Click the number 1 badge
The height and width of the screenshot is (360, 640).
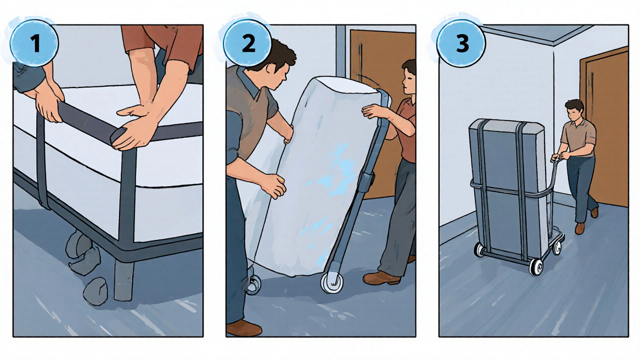[x=34, y=43]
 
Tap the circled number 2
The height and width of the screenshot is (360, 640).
[x=247, y=43]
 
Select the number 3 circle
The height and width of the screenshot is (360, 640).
[x=461, y=43]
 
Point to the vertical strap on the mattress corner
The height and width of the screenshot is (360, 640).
[x=127, y=194]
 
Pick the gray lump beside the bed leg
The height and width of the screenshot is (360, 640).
[x=95, y=291]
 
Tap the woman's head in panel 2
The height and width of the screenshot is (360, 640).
[x=408, y=76]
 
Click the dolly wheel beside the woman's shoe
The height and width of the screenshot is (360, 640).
[x=332, y=283]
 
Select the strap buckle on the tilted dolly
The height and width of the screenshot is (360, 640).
[x=366, y=180]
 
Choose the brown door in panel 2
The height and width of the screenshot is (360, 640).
[x=383, y=114]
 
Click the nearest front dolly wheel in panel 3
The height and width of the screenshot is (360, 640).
[x=535, y=267]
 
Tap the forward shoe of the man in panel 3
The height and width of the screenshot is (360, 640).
[x=580, y=228]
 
